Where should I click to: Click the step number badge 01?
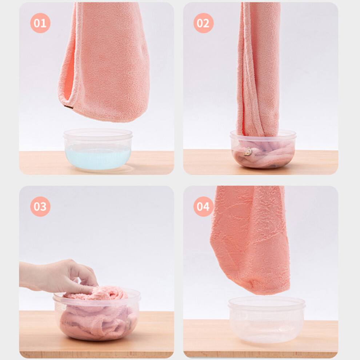[x=40, y=23]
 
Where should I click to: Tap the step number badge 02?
[x=203, y=23]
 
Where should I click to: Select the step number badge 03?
[x=40, y=207]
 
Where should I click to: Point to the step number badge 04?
[x=203, y=207]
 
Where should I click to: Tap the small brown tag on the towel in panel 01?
[x=69, y=107]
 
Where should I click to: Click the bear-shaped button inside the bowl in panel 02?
[x=248, y=152]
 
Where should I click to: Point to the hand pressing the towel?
[x=57, y=277]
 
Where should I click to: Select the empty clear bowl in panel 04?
[x=267, y=319]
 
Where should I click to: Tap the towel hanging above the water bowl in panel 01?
[x=103, y=62]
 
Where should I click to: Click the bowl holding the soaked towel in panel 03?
[x=97, y=315]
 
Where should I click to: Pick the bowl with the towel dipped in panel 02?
[x=263, y=149]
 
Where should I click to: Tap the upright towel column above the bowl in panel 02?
[x=258, y=69]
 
